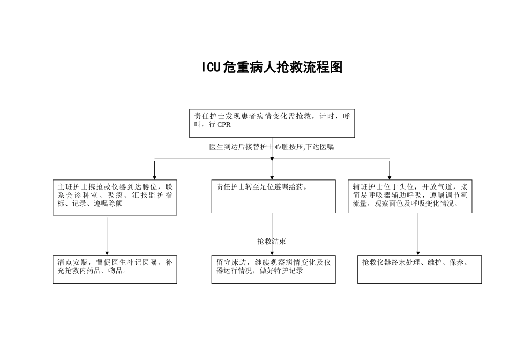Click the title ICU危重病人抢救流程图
coord(272,67)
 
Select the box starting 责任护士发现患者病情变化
coord(272,123)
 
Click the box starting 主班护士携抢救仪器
coord(115,197)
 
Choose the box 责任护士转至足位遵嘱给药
coord(273,196)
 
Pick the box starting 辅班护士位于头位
coord(410,196)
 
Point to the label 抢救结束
coord(272,242)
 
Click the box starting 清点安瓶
coord(115,269)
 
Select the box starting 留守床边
coord(273,269)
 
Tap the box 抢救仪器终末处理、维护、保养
coord(420,269)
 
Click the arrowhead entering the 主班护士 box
coord(155,177)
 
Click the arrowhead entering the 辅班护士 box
coord(390,177)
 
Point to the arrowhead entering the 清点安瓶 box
coord(107,252)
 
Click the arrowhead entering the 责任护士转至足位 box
coord(272,177)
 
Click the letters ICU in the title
coord(211,67)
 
